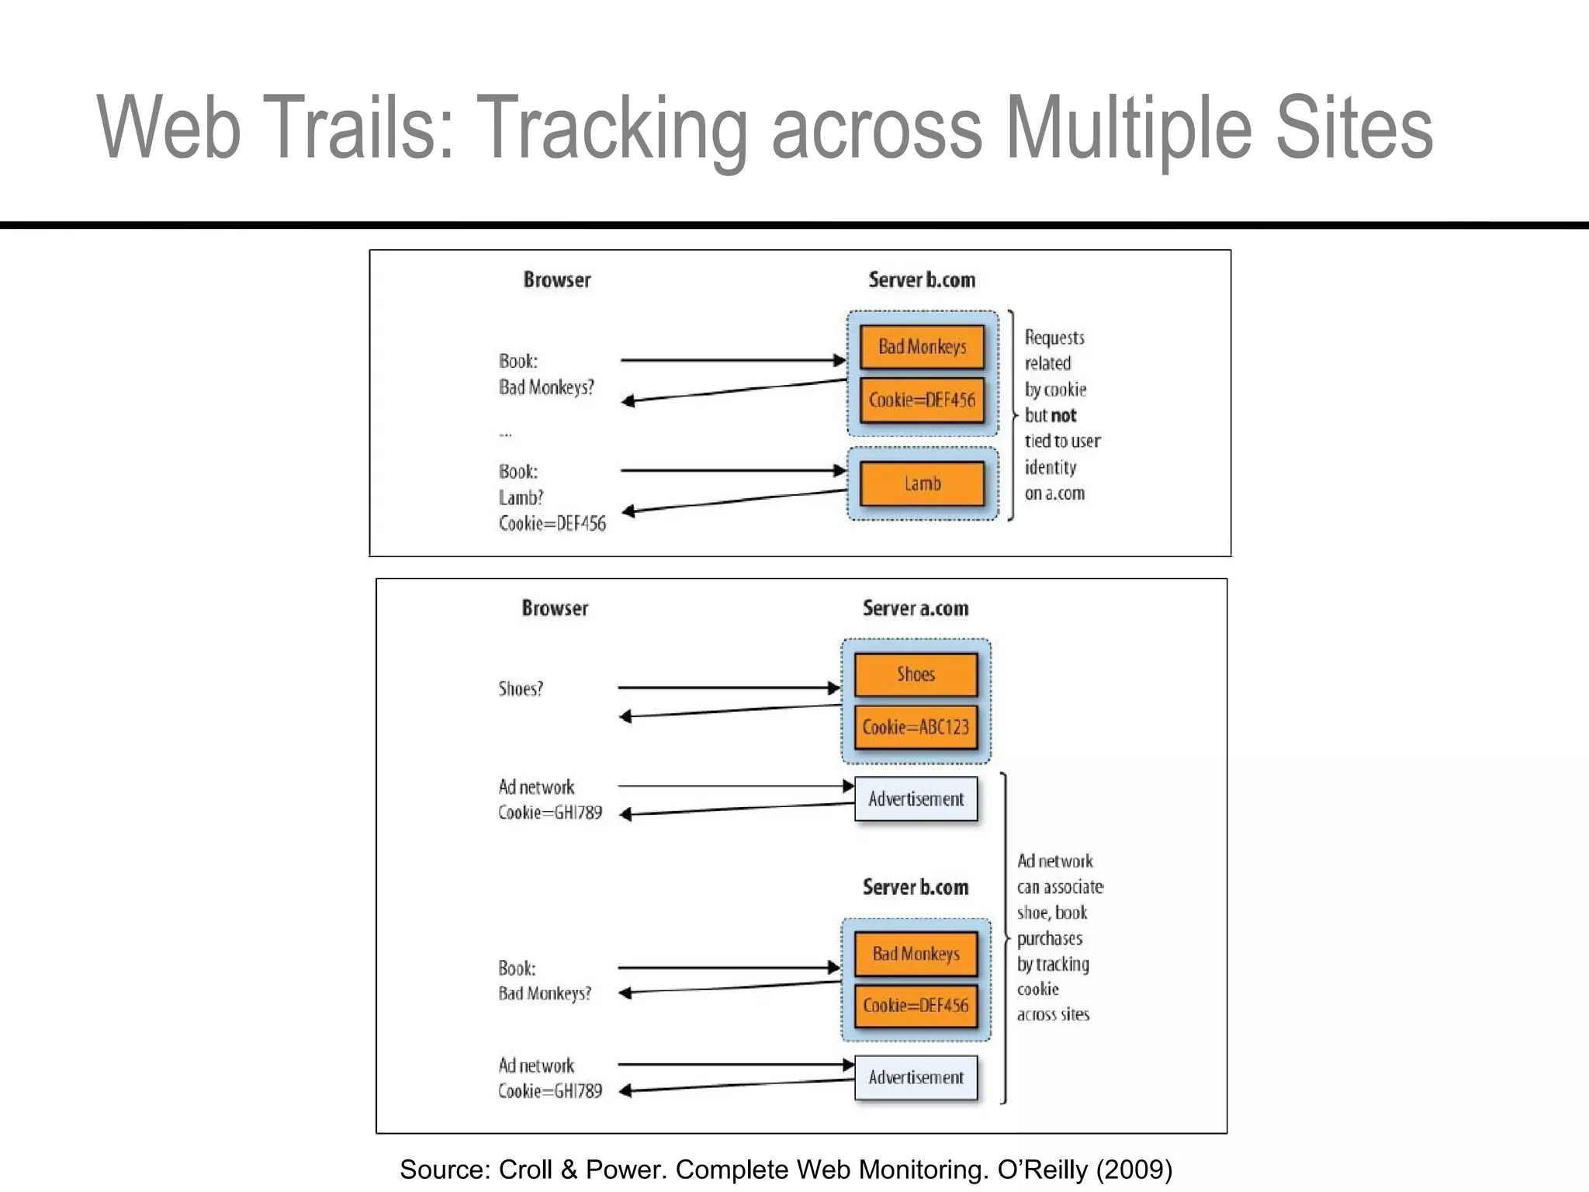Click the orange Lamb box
tap(922, 483)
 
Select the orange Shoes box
tap(916, 674)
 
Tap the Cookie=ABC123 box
tap(916, 727)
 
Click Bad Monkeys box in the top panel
tap(922, 347)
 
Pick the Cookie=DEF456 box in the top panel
tap(922, 400)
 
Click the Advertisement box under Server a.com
tap(916, 799)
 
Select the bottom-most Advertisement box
tap(916, 1078)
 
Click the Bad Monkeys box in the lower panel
tap(916, 954)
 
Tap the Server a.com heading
tap(916, 608)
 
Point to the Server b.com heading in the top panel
tap(922, 280)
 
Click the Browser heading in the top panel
tap(556, 280)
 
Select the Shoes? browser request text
tap(521, 689)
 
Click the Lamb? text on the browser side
tap(521, 497)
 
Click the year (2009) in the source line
tap(1134, 1169)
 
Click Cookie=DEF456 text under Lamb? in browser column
tap(552, 524)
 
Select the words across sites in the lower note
tap(1053, 1015)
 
